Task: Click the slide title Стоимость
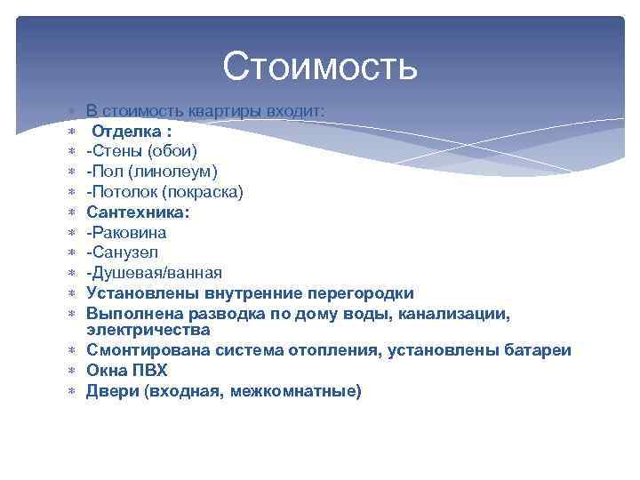click(320, 67)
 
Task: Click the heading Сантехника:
click(138, 212)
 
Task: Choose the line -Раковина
click(126, 233)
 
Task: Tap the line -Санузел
click(123, 252)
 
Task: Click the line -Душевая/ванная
click(154, 273)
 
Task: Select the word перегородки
click(360, 293)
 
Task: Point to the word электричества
click(148, 330)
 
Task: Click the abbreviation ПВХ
click(150, 371)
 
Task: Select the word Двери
click(109, 391)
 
